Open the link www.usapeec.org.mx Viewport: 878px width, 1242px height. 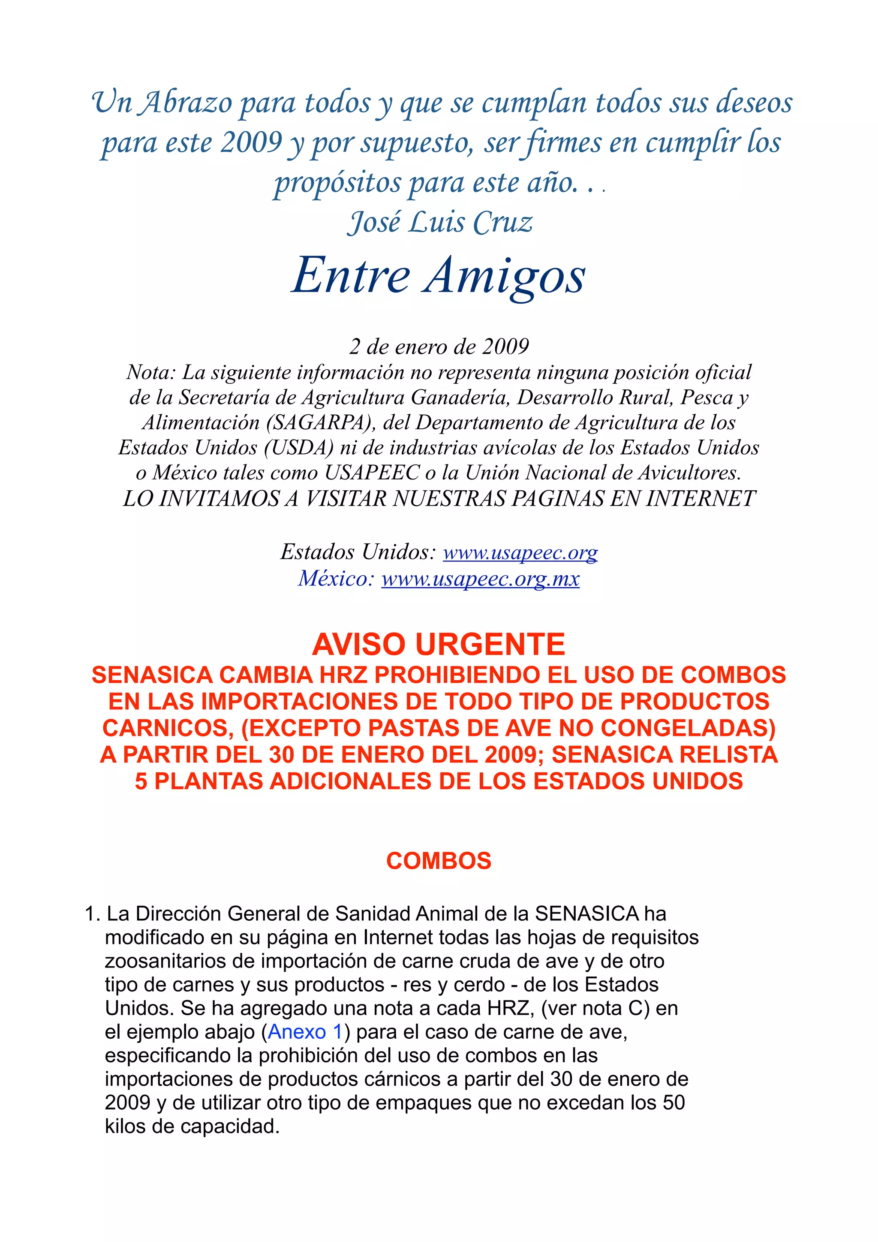(480, 579)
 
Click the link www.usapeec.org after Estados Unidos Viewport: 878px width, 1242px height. (520, 552)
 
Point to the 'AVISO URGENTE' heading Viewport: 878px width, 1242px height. (439, 644)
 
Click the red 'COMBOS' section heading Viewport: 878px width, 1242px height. (439, 861)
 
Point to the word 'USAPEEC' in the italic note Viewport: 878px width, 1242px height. (372, 473)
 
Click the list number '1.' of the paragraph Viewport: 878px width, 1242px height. (93, 913)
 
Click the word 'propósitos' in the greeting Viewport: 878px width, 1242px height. (337, 183)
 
